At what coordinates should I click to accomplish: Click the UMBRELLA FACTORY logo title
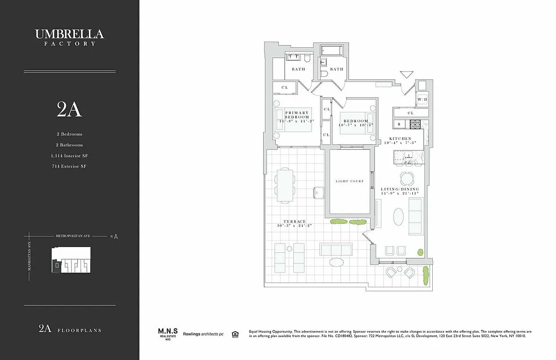click(69, 36)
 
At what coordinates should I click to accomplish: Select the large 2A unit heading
click(69, 109)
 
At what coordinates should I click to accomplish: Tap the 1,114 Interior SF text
click(69, 156)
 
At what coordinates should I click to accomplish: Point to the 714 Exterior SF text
click(69, 166)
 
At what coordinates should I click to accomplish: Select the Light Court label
click(350, 181)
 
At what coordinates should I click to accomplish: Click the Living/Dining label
click(400, 191)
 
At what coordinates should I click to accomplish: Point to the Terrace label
click(295, 224)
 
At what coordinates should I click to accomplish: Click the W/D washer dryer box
click(422, 99)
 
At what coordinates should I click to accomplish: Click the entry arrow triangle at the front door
click(407, 75)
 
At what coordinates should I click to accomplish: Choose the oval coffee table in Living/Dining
click(399, 216)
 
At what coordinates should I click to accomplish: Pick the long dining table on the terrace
click(285, 184)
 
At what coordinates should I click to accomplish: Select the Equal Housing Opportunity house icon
click(234, 334)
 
